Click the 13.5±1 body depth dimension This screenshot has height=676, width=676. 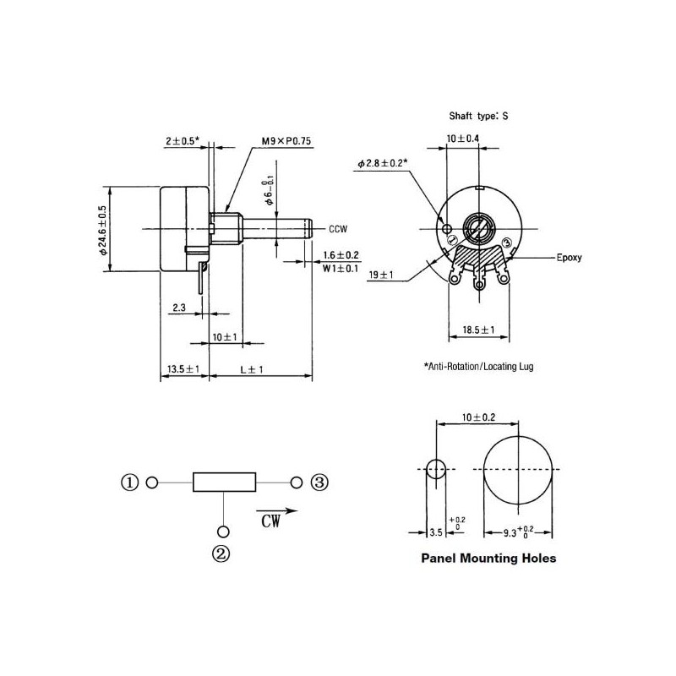tap(183, 370)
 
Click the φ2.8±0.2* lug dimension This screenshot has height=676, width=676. tap(382, 162)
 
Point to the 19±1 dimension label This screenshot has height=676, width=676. tap(382, 275)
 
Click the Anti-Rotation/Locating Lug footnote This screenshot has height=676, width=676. tap(478, 367)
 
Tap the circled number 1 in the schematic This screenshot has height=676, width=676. tap(129, 482)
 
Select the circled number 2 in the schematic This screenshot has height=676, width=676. tap(222, 554)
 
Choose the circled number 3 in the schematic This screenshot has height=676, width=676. tap(319, 482)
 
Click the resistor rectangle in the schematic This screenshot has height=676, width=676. tap(224, 482)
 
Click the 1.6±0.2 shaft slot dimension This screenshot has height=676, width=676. tap(341, 253)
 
